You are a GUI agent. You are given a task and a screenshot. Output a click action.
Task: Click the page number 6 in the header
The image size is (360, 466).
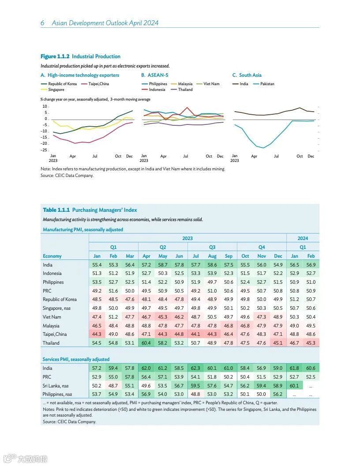pos(42,23)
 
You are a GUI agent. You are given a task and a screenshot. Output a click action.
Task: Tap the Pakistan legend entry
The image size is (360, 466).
pos(267,84)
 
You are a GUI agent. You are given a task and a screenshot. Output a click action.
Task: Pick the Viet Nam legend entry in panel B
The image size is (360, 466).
pos(211,84)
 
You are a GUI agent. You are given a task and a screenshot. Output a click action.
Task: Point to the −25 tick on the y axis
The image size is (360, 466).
pos(44,150)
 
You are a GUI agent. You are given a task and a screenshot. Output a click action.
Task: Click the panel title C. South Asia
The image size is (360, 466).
pos(247,75)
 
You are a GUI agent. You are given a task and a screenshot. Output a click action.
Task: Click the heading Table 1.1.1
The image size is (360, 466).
pos(56,210)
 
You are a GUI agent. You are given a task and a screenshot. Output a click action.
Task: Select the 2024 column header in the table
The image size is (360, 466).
pos(303,238)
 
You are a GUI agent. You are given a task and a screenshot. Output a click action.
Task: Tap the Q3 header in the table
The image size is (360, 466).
pos(212,247)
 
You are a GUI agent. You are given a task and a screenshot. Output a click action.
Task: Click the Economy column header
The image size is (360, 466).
pos(52,256)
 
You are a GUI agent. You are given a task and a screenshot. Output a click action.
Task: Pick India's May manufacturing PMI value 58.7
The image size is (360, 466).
pos(163,265)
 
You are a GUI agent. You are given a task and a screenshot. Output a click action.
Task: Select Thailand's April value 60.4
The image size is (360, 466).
pos(146,343)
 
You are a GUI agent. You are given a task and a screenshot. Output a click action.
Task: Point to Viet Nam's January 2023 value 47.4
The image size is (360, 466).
pos(97,317)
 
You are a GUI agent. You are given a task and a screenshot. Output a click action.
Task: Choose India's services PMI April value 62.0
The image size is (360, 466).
pos(146,368)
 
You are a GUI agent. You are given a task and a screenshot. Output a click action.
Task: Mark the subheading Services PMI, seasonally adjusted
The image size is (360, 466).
pos(76,359)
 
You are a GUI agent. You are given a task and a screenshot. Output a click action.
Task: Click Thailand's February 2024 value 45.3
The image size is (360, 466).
pos(311,343)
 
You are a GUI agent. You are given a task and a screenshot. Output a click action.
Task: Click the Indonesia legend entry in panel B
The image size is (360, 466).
pos(157,90)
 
